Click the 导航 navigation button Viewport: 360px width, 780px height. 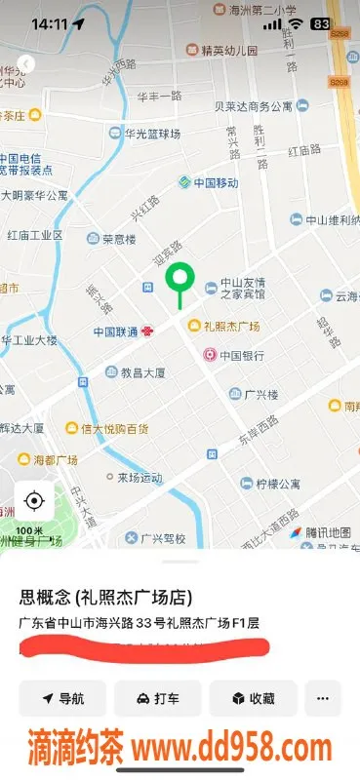pyautogui.click(x=62, y=698)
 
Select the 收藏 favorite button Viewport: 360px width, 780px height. pyautogui.click(x=253, y=698)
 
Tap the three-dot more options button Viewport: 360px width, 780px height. pyautogui.click(x=323, y=698)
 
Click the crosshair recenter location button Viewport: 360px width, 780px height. pyautogui.click(x=34, y=501)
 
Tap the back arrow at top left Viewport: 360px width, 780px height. pyautogui.click(x=26, y=63)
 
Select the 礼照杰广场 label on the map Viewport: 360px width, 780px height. pyautogui.click(x=230, y=326)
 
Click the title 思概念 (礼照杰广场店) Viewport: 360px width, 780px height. pyautogui.click(x=104, y=597)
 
